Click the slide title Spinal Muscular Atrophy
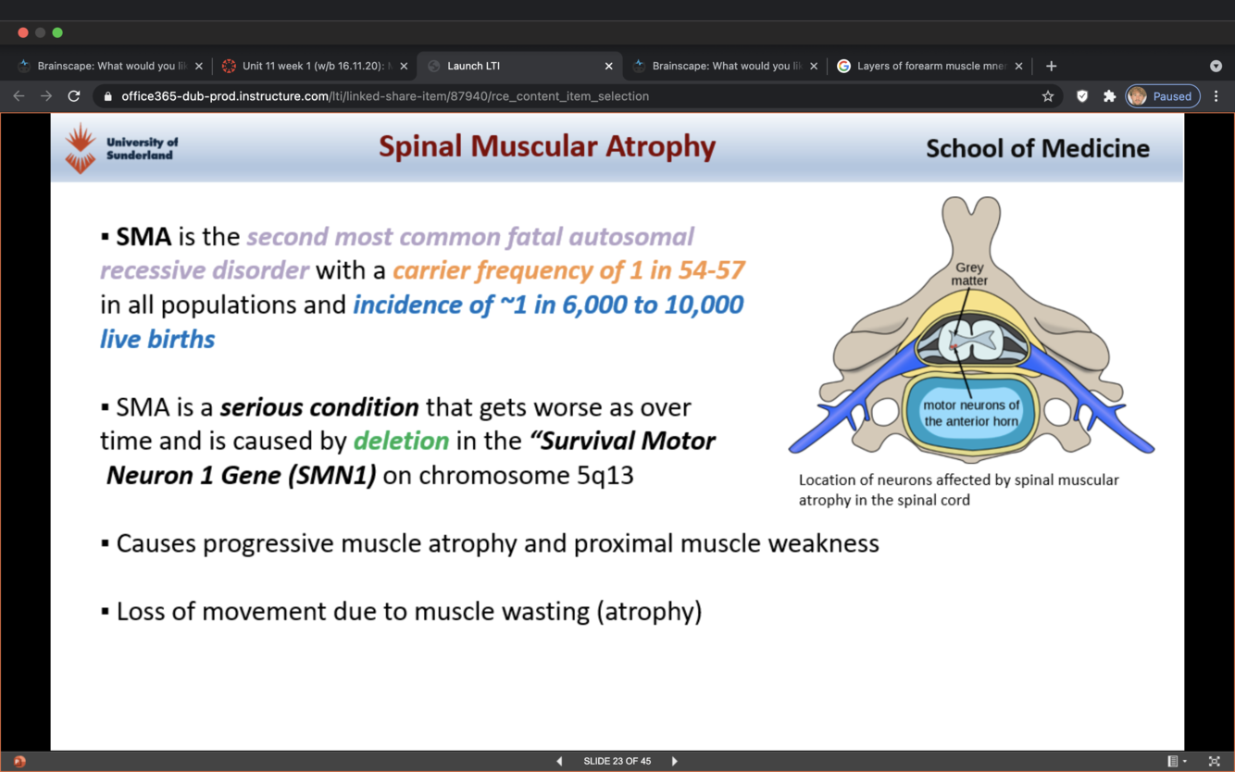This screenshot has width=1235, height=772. click(x=547, y=146)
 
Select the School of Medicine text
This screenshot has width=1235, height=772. click(x=1037, y=148)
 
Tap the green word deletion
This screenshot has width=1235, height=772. click(x=401, y=441)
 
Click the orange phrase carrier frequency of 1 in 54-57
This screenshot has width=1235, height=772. click(x=568, y=270)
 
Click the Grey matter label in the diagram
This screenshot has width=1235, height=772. click(x=969, y=274)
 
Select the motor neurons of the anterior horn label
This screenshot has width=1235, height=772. click(x=971, y=413)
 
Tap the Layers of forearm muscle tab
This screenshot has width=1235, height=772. click(x=929, y=66)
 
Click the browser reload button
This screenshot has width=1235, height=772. click(x=74, y=96)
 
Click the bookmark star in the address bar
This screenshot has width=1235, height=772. click(x=1048, y=96)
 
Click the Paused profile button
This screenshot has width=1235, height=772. click(x=1163, y=96)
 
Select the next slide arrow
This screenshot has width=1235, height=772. click(x=675, y=761)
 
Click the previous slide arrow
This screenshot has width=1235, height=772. click(x=559, y=761)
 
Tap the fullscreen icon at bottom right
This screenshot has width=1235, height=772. click(x=1214, y=761)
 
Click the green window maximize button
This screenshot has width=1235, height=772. click(x=57, y=32)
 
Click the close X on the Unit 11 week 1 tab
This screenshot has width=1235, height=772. click(x=404, y=66)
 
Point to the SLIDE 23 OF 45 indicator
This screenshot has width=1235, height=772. click(x=617, y=761)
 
